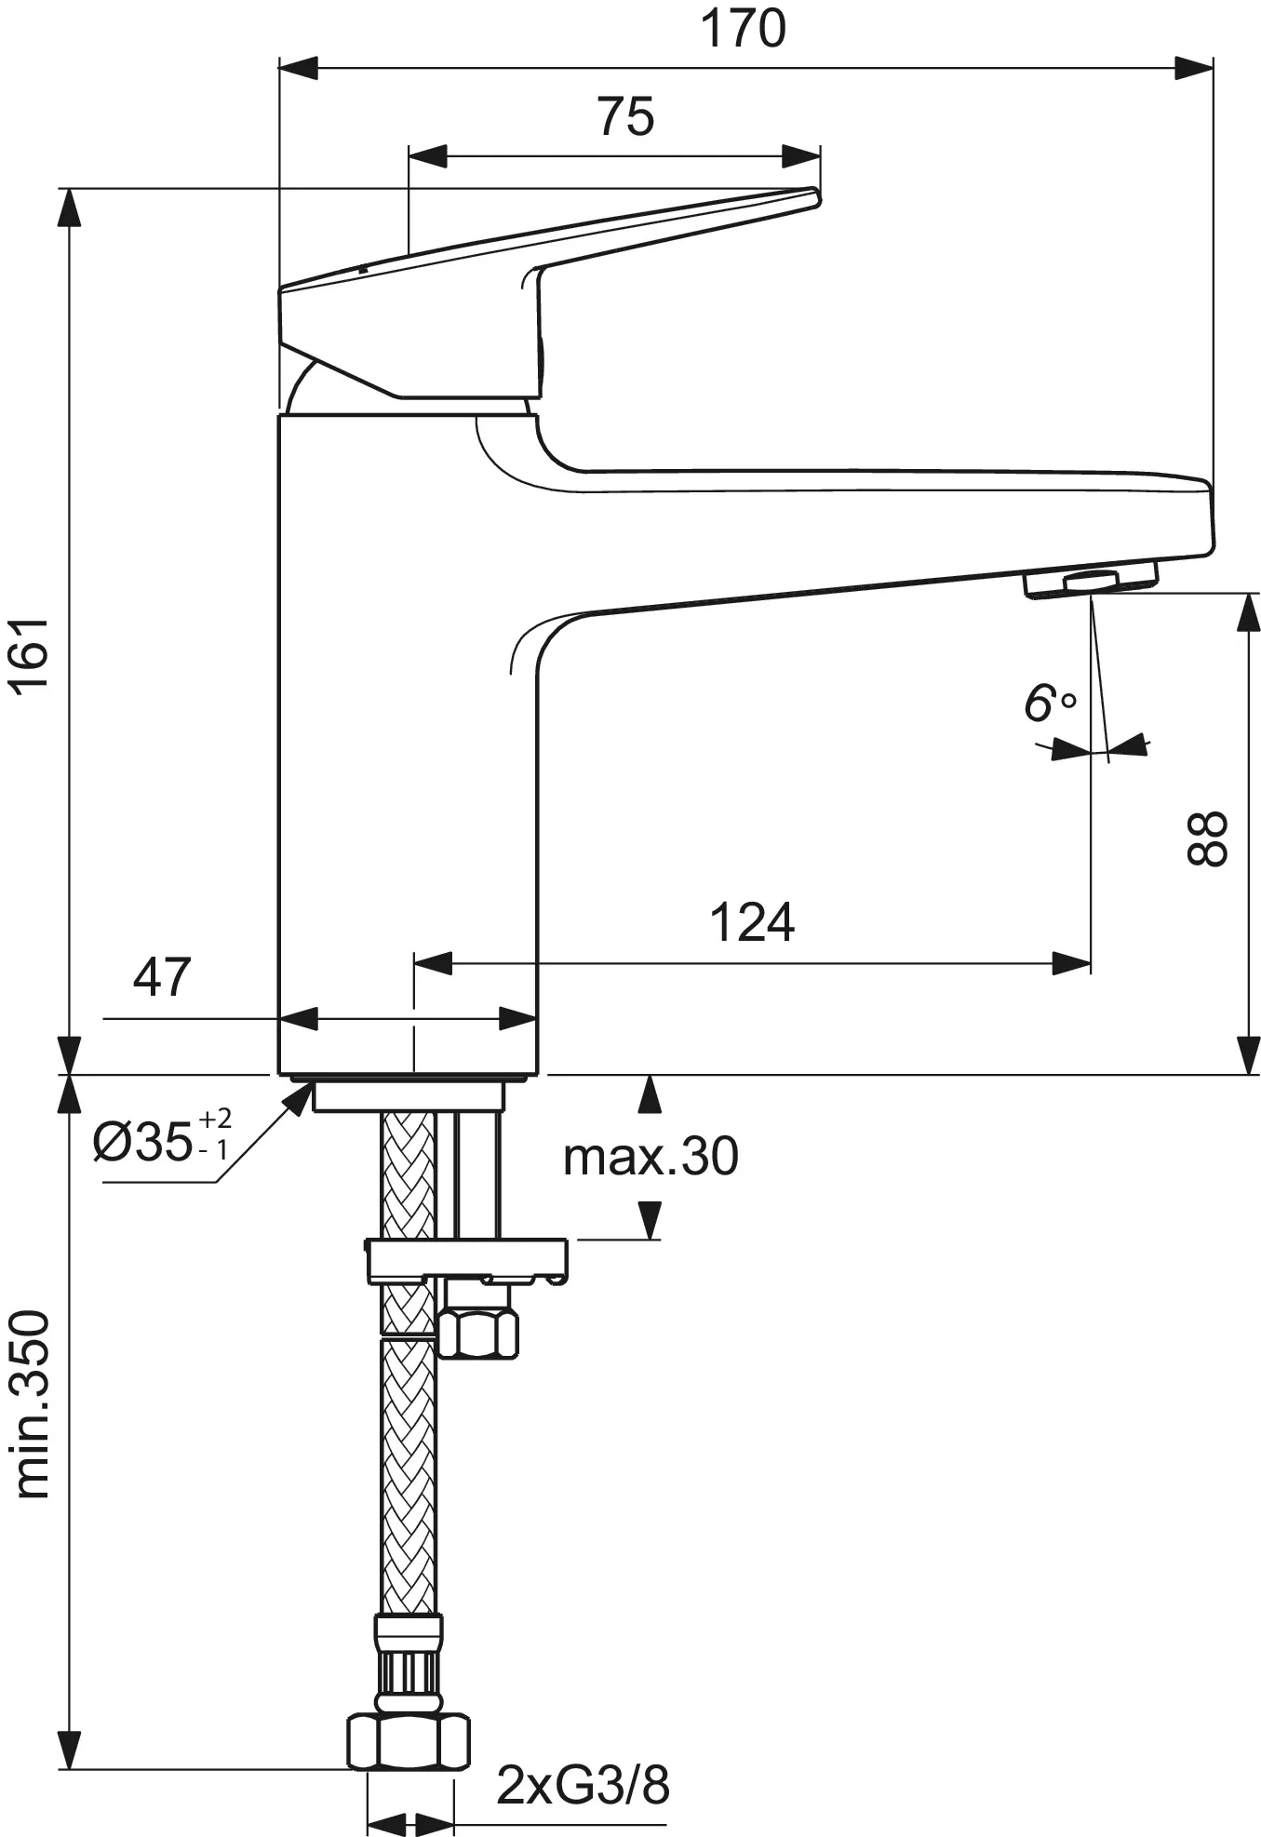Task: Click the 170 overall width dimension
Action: pos(743,29)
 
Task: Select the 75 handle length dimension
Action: pos(625,117)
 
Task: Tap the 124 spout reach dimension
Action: pos(752,922)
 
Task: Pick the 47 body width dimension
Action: pos(162,976)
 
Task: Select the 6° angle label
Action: pos(1049,704)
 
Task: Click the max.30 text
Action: pos(651,1157)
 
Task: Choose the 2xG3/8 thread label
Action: pos(583,1785)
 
